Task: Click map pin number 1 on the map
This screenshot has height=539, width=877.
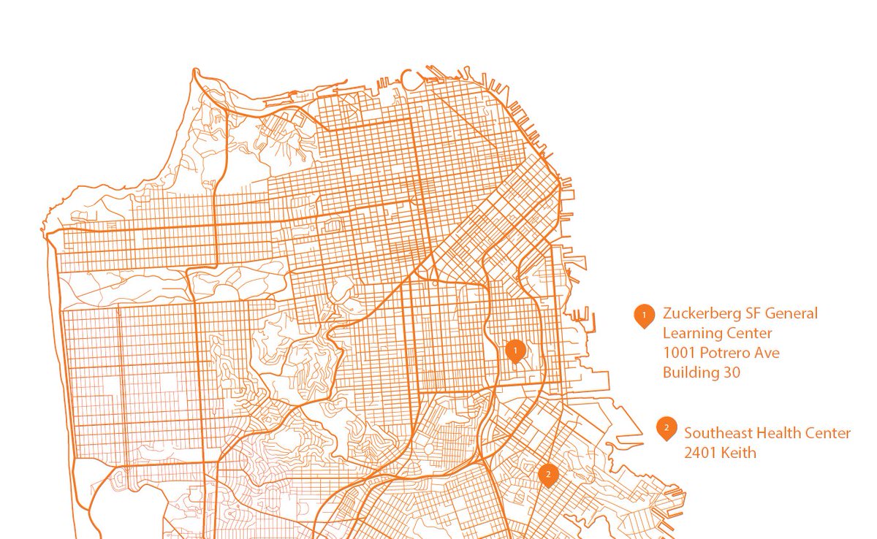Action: tap(515, 351)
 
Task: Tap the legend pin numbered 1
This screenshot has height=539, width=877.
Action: tap(644, 315)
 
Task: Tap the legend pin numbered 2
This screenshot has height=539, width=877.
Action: tap(666, 428)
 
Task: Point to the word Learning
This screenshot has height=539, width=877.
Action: tap(691, 334)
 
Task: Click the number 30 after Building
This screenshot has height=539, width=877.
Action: tap(732, 372)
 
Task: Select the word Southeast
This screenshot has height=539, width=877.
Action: tap(718, 433)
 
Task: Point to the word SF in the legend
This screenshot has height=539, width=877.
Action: tap(753, 314)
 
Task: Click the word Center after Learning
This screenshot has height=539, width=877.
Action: tap(748, 334)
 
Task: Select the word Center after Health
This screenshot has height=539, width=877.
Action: tap(829, 433)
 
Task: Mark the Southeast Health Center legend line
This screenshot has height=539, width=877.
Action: tap(767, 433)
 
